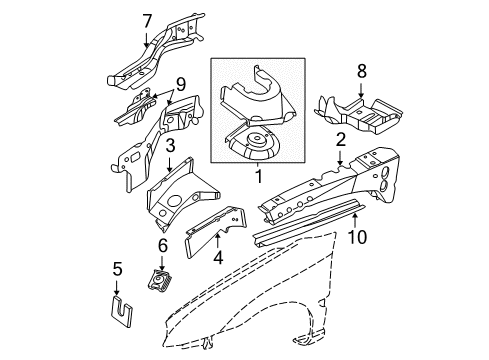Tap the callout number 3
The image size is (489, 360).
[171, 147]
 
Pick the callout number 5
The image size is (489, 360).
[116, 267]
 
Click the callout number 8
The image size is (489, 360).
[361, 71]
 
